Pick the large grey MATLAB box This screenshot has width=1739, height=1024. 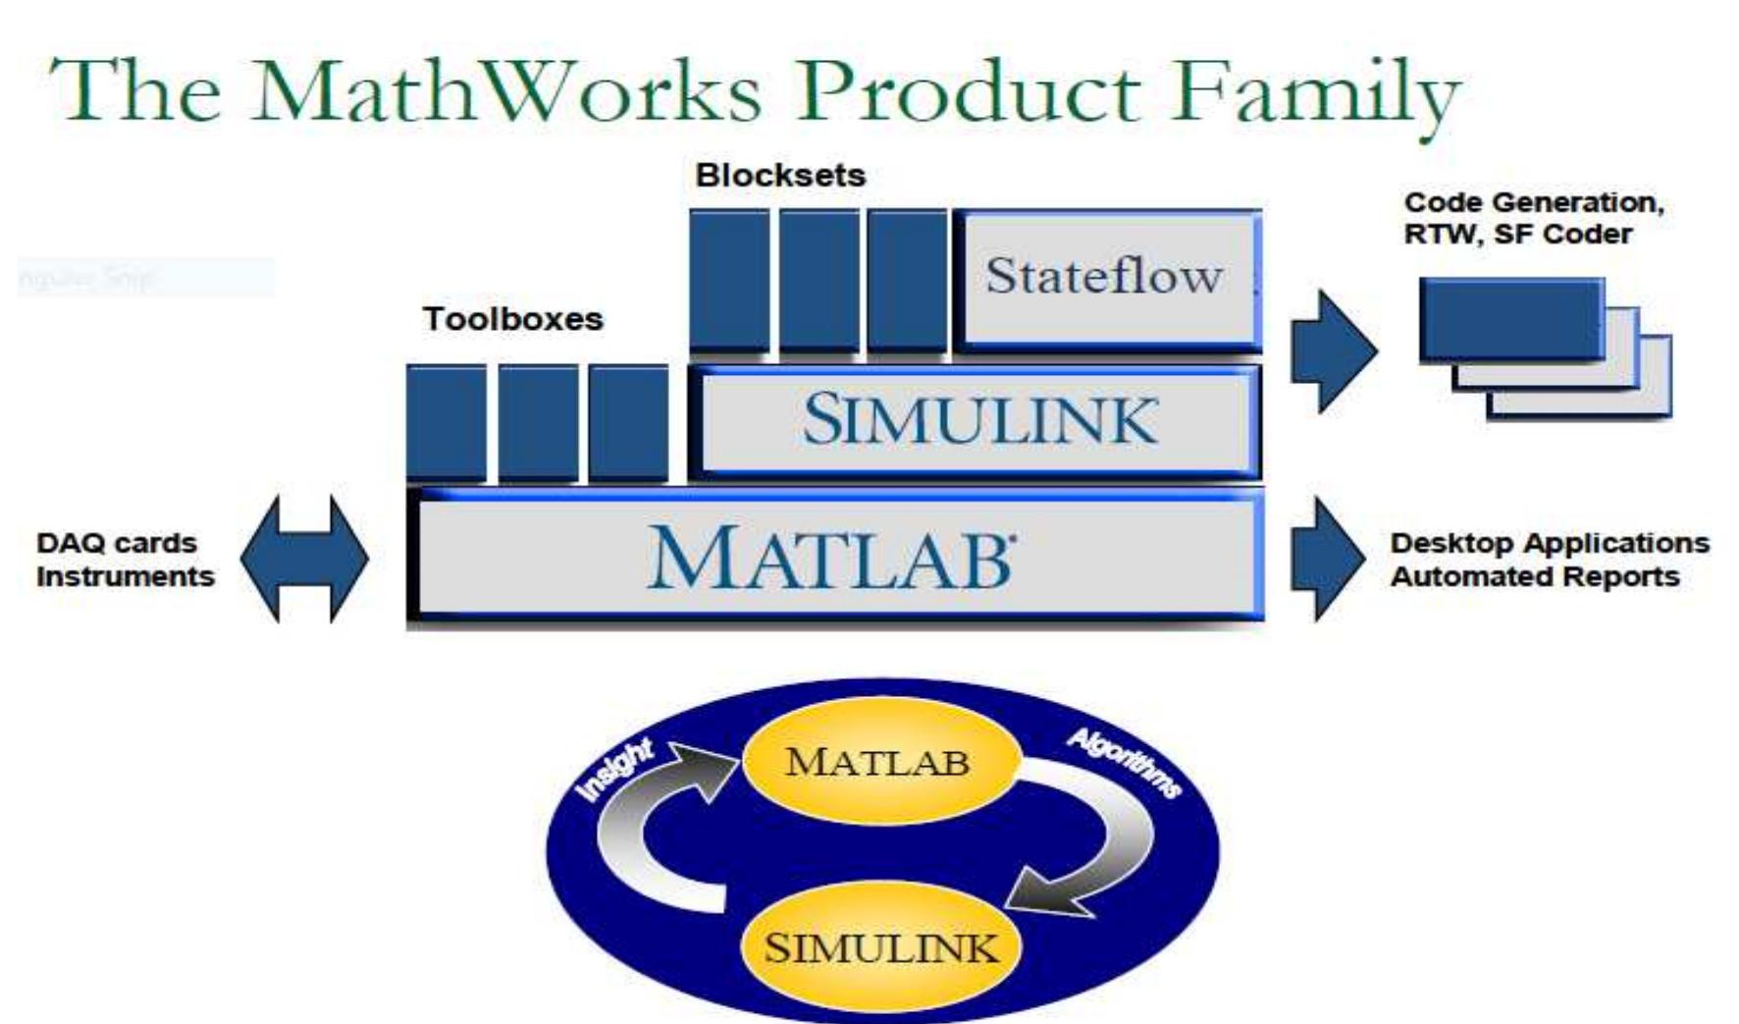(x=834, y=558)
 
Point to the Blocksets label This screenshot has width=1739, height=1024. (x=780, y=176)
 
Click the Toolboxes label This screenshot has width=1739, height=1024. (x=512, y=319)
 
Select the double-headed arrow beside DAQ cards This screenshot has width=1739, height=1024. (x=304, y=559)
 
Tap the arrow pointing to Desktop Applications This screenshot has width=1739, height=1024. (x=1326, y=559)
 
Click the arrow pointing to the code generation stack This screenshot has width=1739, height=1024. (x=1332, y=350)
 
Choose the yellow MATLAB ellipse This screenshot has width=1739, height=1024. (x=879, y=762)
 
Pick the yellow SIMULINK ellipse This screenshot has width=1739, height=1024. (x=880, y=948)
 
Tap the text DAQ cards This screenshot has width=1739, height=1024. (x=117, y=543)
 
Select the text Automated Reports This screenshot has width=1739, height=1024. (x=1535, y=576)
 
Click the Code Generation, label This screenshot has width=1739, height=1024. (x=1534, y=203)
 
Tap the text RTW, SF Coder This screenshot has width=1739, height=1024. (x=1517, y=235)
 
